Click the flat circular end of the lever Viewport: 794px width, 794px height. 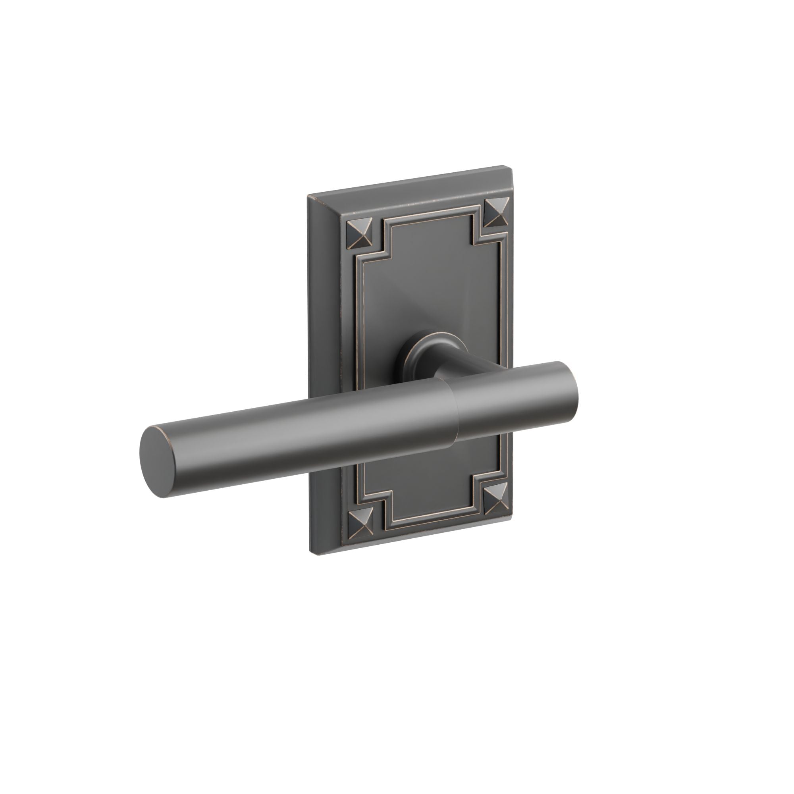pos(156,463)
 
